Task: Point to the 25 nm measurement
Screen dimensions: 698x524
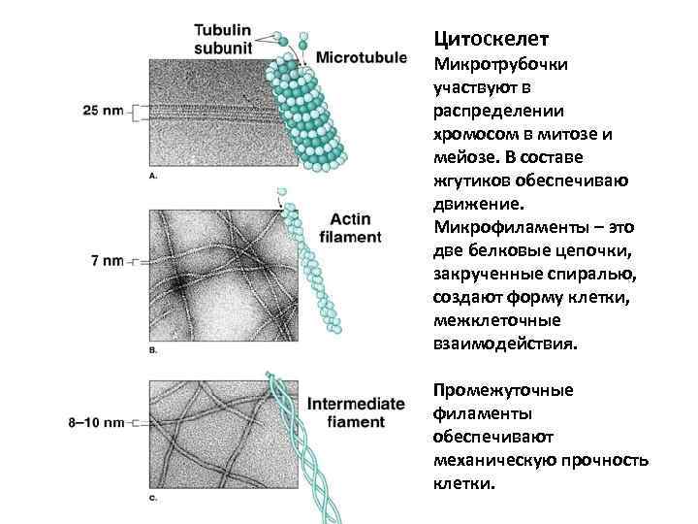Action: click(x=104, y=111)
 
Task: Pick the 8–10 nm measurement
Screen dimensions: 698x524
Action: click(x=98, y=422)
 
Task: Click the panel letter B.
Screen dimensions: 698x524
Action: click(x=153, y=348)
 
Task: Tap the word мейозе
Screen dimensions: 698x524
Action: click(x=460, y=158)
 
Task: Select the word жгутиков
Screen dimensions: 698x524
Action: click(x=467, y=181)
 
